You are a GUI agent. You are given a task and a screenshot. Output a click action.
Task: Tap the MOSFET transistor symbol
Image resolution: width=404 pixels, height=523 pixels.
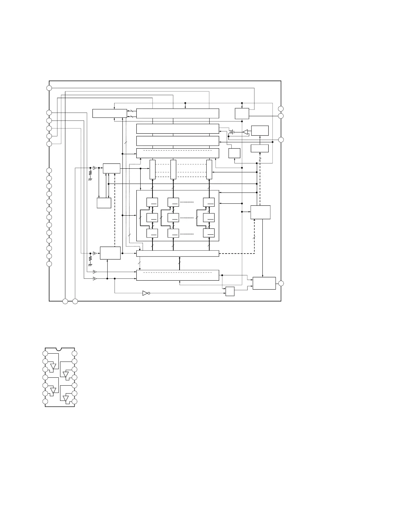pyautogui.click(x=232, y=132)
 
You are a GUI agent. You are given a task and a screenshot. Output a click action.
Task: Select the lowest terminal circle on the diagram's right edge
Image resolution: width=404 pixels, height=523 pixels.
pyautogui.click(x=281, y=283)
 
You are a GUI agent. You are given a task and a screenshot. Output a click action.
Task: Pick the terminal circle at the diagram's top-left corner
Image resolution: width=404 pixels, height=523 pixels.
pyautogui.click(x=49, y=88)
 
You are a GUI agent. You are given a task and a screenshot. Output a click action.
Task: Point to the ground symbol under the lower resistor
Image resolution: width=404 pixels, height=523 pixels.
pyautogui.click(x=90, y=265)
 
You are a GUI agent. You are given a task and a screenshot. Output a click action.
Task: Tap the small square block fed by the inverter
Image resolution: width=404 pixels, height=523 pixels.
pyautogui.click(x=230, y=292)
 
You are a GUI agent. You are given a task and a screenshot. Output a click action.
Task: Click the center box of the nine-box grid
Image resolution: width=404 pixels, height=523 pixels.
pyautogui.click(x=173, y=218)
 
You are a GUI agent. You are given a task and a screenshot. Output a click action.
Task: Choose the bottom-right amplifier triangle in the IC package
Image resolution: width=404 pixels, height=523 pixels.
pyautogui.click(x=66, y=399)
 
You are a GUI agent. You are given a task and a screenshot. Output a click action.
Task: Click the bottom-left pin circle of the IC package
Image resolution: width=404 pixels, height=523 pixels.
pyautogui.click(x=45, y=401)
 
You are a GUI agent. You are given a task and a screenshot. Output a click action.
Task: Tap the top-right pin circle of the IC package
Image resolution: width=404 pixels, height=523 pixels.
pyautogui.click(x=75, y=354)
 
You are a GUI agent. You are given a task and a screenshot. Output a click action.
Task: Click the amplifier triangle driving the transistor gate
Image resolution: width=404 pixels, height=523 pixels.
pyautogui.click(x=245, y=132)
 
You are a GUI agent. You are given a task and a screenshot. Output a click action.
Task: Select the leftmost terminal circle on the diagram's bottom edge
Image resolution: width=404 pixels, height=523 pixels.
pyautogui.click(x=65, y=301)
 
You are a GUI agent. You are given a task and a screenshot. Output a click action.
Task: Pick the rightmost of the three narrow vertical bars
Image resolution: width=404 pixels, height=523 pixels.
pyautogui.click(x=209, y=169)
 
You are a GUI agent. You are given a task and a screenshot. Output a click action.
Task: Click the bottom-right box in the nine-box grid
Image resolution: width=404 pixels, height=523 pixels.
pyautogui.click(x=209, y=233)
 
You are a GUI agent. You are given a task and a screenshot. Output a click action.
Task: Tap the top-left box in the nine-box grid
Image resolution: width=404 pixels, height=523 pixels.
pyautogui.click(x=152, y=202)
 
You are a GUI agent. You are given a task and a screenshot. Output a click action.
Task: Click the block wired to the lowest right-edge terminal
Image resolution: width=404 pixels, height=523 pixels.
pyautogui.click(x=264, y=283)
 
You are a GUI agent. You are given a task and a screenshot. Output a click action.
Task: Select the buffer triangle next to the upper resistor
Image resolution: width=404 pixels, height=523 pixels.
pyautogui.click(x=94, y=168)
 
